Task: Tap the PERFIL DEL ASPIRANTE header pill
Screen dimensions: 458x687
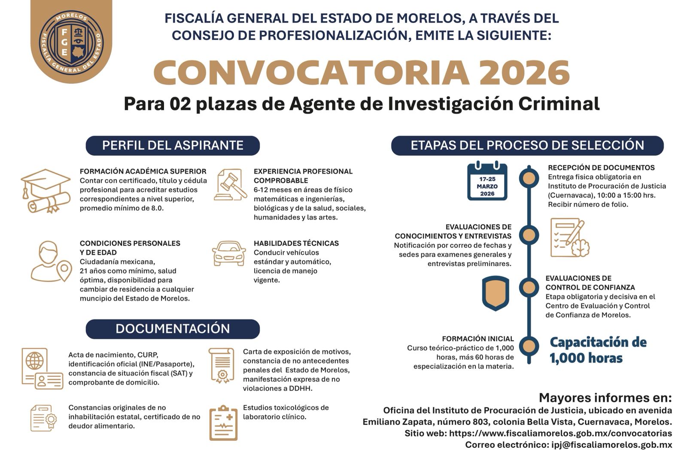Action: pyautogui.click(x=173, y=146)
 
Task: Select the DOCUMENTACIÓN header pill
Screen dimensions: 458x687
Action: pyautogui.click(x=173, y=329)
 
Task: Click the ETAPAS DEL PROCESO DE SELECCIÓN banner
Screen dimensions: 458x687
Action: pyautogui.click(x=527, y=146)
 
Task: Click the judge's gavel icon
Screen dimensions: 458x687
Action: pyautogui.click(x=230, y=185)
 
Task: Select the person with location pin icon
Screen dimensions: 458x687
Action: pyautogui.click(x=50, y=261)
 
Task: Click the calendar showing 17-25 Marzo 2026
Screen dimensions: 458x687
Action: pyautogui.click(x=487, y=182)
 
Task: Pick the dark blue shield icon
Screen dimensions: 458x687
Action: pyautogui.click(x=495, y=293)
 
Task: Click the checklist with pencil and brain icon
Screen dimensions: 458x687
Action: pyautogui.click(x=570, y=238)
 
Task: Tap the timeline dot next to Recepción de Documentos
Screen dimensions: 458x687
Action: pyautogui.click(x=529, y=178)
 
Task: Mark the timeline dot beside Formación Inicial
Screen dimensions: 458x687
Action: pyautogui.click(x=529, y=346)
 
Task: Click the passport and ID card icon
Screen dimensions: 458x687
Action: pyautogui.click(x=42, y=368)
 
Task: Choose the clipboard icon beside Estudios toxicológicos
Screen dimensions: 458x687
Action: pyautogui.click(x=223, y=423)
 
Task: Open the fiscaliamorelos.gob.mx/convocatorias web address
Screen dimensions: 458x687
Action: pyautogui.click(x=560, y=434)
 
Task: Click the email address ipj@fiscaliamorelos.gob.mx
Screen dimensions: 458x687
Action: pyautogui.click(x=611, y=445)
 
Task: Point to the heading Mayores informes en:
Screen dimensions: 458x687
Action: pyautogui.click(x=605, y=398)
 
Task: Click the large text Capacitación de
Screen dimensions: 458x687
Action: pyautogui.click(x=598, y=343)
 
